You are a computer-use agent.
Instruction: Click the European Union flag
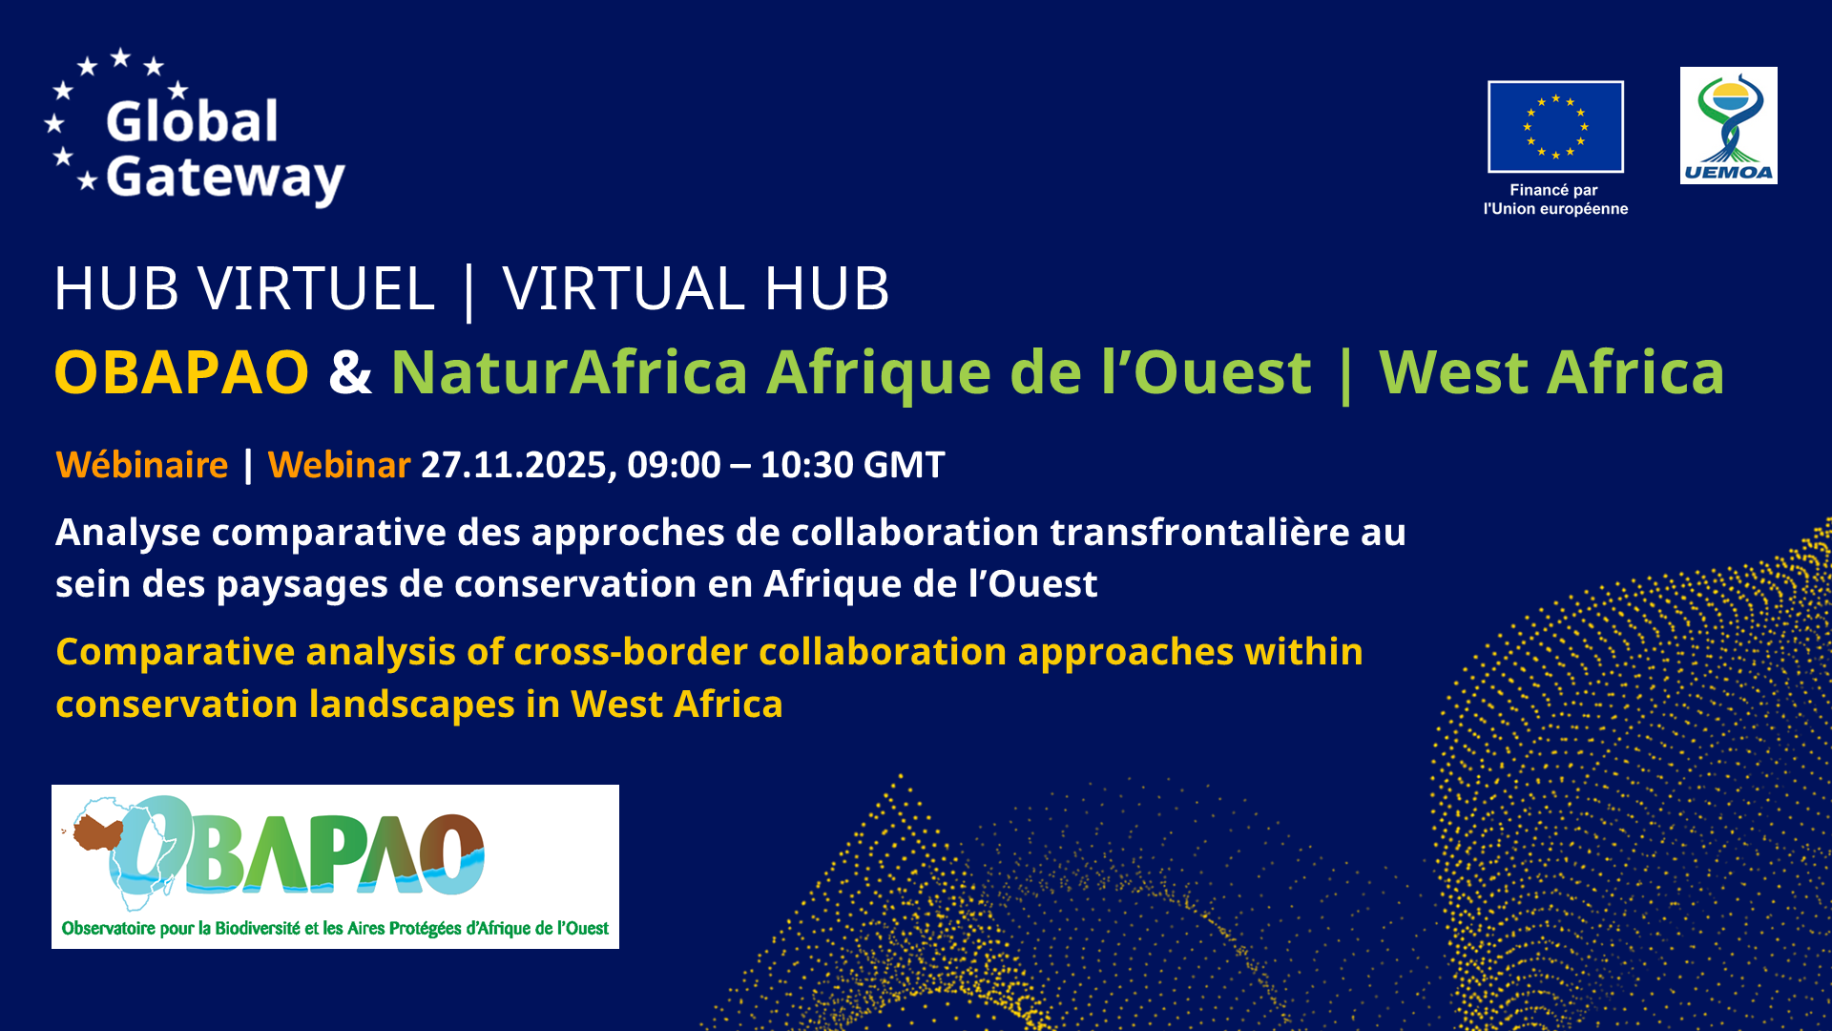pos(1555,127)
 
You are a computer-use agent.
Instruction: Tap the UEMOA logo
pos(1728,125)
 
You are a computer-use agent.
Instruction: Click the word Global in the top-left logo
pos(192,121)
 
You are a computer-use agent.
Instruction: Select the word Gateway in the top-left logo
pos(225,179)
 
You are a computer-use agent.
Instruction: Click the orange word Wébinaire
pos(142,465)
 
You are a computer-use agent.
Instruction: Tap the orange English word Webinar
pos(339,465)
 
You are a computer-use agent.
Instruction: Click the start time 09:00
pos(674,465)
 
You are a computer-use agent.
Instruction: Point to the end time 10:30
pos(806,465)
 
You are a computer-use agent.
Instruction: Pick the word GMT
pos(905,465)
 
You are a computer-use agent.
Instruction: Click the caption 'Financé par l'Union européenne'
pos(1555,200)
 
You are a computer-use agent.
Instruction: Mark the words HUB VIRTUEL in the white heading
pos(244,288)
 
